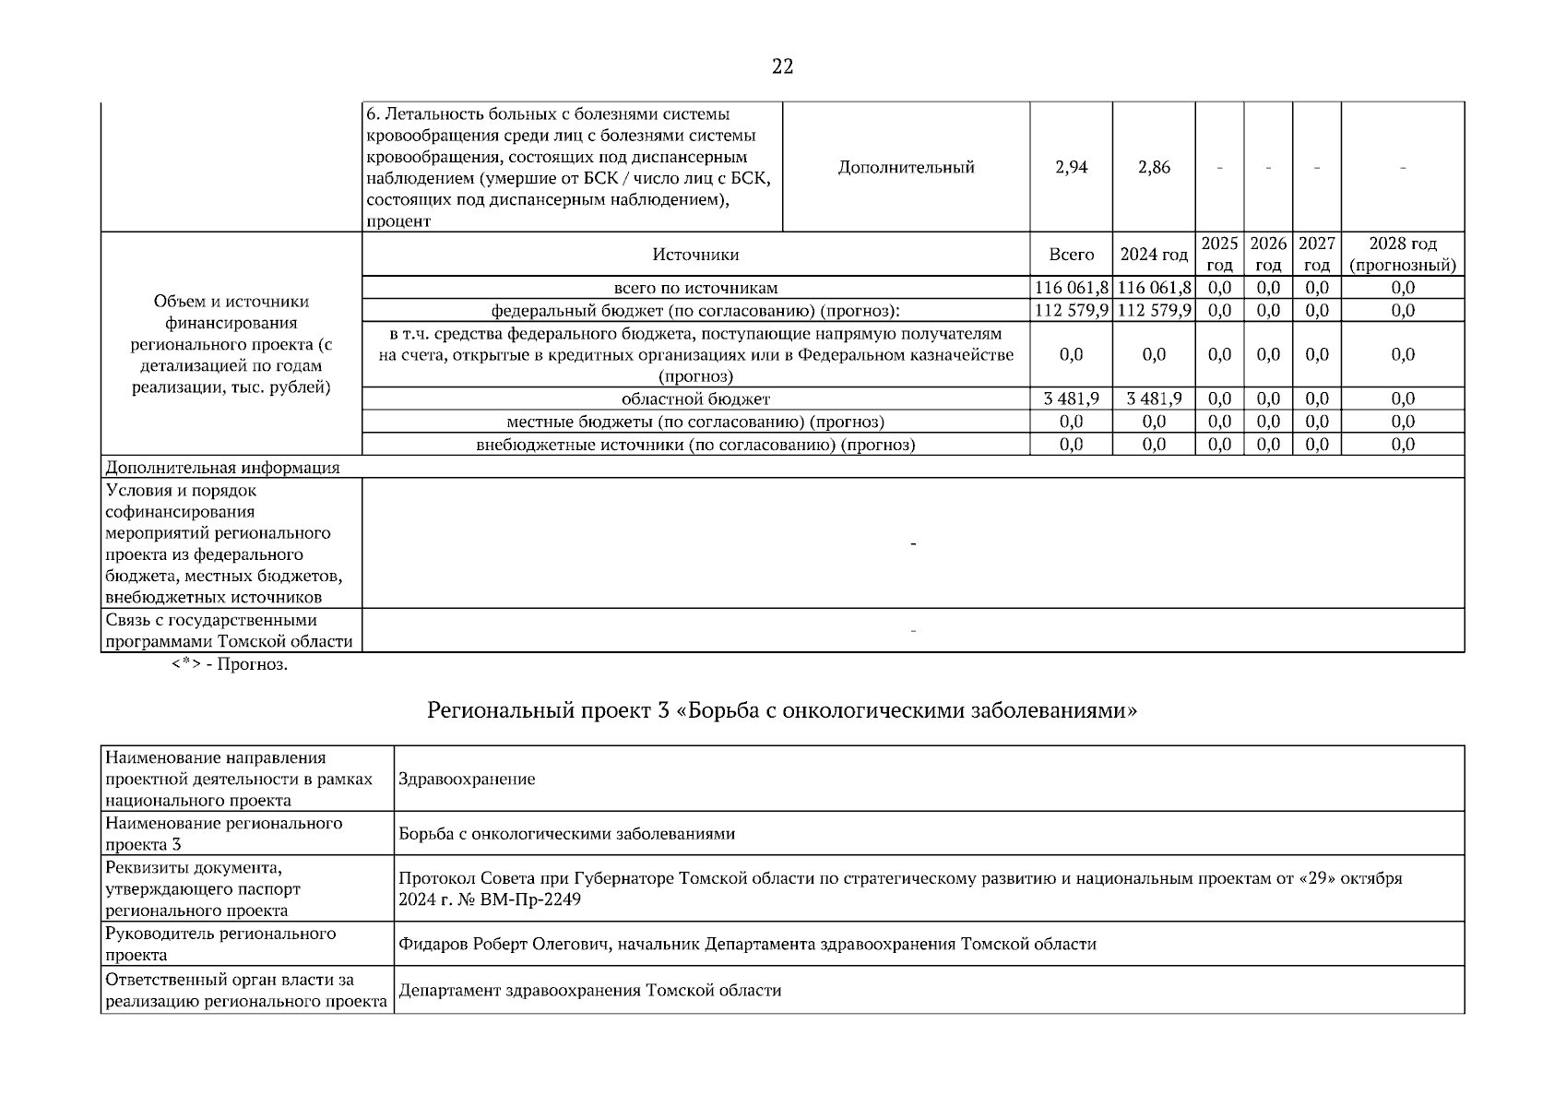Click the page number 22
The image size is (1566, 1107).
(782, 66)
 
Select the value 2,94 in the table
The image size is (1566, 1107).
(1071, 167)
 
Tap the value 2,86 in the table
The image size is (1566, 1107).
(1154, 167)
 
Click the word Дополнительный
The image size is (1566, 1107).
(906, 167)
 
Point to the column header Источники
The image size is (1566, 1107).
(695, 255)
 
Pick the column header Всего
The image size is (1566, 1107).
(1071, 255)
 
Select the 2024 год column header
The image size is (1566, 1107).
(1154, 255)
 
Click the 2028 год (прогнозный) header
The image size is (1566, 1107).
(1402, 255)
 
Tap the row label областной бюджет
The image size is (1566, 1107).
(695, 399)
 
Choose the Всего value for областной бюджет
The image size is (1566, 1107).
(1071, 399)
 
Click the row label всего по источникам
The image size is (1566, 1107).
(695, 288)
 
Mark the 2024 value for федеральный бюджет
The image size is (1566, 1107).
(1154, 311)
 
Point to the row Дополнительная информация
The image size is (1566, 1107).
(222, 468)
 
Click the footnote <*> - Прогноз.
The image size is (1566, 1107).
(230, 665)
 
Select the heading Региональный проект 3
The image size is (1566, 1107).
(782, 711)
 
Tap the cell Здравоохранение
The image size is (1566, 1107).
(467, 780)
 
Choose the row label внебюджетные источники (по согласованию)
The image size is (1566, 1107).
(695, 446)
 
